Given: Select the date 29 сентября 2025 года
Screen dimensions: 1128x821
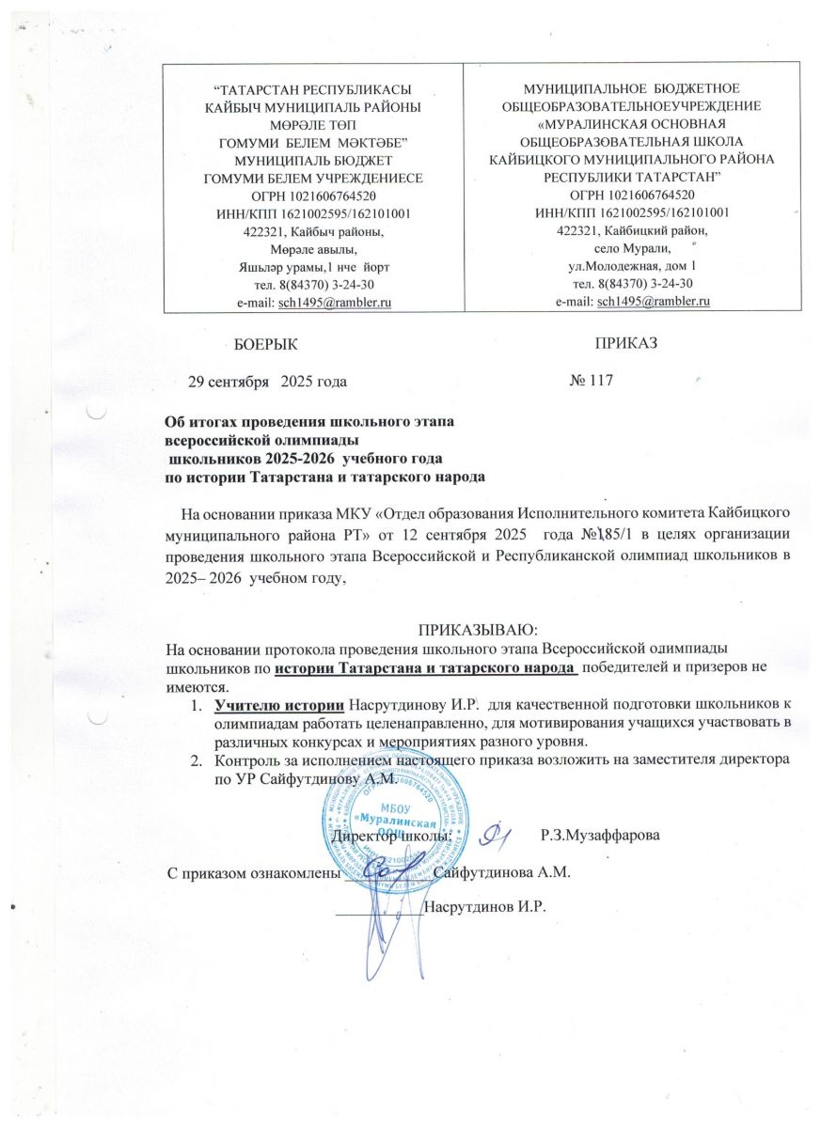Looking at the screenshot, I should tap(268, 381).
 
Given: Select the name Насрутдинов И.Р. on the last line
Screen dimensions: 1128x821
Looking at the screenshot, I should tap(485, 908).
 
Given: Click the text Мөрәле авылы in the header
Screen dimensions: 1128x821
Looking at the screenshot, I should tap(313, 249).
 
